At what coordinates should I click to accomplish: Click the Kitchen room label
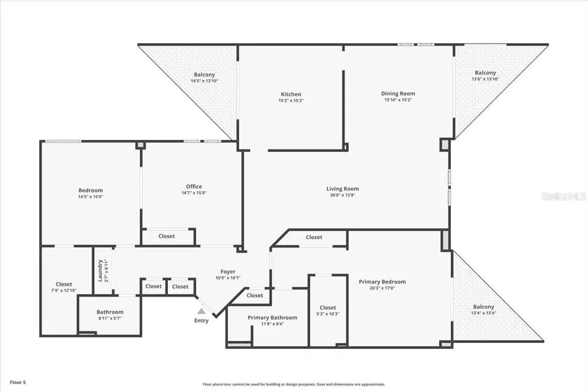click(x=291, y=94)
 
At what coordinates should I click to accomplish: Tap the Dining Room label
click(x=398, y=93)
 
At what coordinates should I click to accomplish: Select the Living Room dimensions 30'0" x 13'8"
click(x=342, y=195)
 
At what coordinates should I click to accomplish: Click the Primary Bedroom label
click(x=382, y=282)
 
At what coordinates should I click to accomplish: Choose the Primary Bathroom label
click(x=272, y=318)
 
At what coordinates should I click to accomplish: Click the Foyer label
click(x=227, y=271)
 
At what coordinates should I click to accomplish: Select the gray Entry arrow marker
click(x=201, y=312)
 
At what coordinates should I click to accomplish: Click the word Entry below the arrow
click(x=201, y=320)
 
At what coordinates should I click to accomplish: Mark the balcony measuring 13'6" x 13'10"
click(x=485, y=76)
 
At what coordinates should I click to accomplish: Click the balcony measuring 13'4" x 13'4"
click(x=483, y=310)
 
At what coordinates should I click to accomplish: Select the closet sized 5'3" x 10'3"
click(x=328, y=310)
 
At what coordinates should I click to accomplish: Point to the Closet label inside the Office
click(x=167, y=236)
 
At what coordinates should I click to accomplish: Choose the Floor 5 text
click(x=18, y=381)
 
